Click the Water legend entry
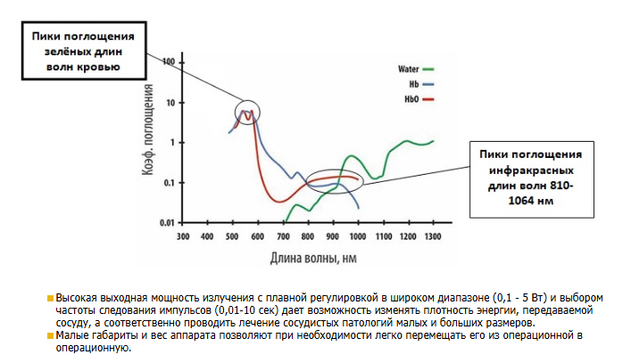click(x=409, y=68)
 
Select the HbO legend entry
click(x=411, y=98)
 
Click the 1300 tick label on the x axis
click(x=432, y=237)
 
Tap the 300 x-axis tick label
click(x=183, y=237)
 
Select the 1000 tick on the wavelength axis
click(x=357, y=237)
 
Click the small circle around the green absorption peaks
click(x=248, y=112)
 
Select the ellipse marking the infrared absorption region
click(x=336, y=181)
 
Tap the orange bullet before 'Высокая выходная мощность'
click(x=51, y=295)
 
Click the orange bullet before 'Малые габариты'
click(x=51, y=334)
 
